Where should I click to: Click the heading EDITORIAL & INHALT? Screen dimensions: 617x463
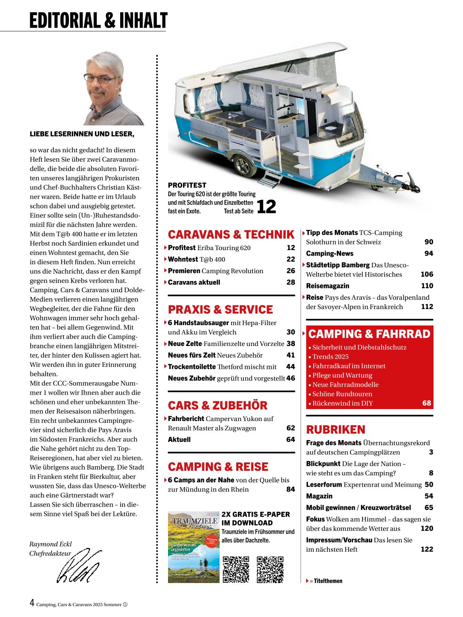[x=99, y=21]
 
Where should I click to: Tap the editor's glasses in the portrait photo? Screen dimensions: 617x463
[x=100, y=79]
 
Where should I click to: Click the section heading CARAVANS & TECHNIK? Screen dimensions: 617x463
[x=231, y=234]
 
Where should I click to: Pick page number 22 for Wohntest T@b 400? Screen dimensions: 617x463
[x=290, y=259]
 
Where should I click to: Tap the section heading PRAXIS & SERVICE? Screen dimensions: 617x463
[x=220, y=309]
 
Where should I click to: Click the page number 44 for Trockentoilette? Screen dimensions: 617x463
[x=290, y=367]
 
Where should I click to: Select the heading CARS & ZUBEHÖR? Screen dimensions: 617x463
[x=218, y=405]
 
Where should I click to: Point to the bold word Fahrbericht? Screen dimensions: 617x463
[x=186, y=419]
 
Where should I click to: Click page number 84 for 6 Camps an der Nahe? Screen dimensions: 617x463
[x=290, y=489]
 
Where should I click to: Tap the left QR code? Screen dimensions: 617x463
[x=236, y=569]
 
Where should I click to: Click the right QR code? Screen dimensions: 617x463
[x=270, y=569]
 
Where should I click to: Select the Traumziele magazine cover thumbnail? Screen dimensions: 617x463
[x=193, y=547]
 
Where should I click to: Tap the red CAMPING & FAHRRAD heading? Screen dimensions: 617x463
[x=370, y=334]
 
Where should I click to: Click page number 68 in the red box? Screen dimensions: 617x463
[x=426, y=403]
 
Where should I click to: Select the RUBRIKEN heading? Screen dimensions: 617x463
[x=336, y=430]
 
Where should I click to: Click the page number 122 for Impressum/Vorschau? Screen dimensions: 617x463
[x=426, y=549]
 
